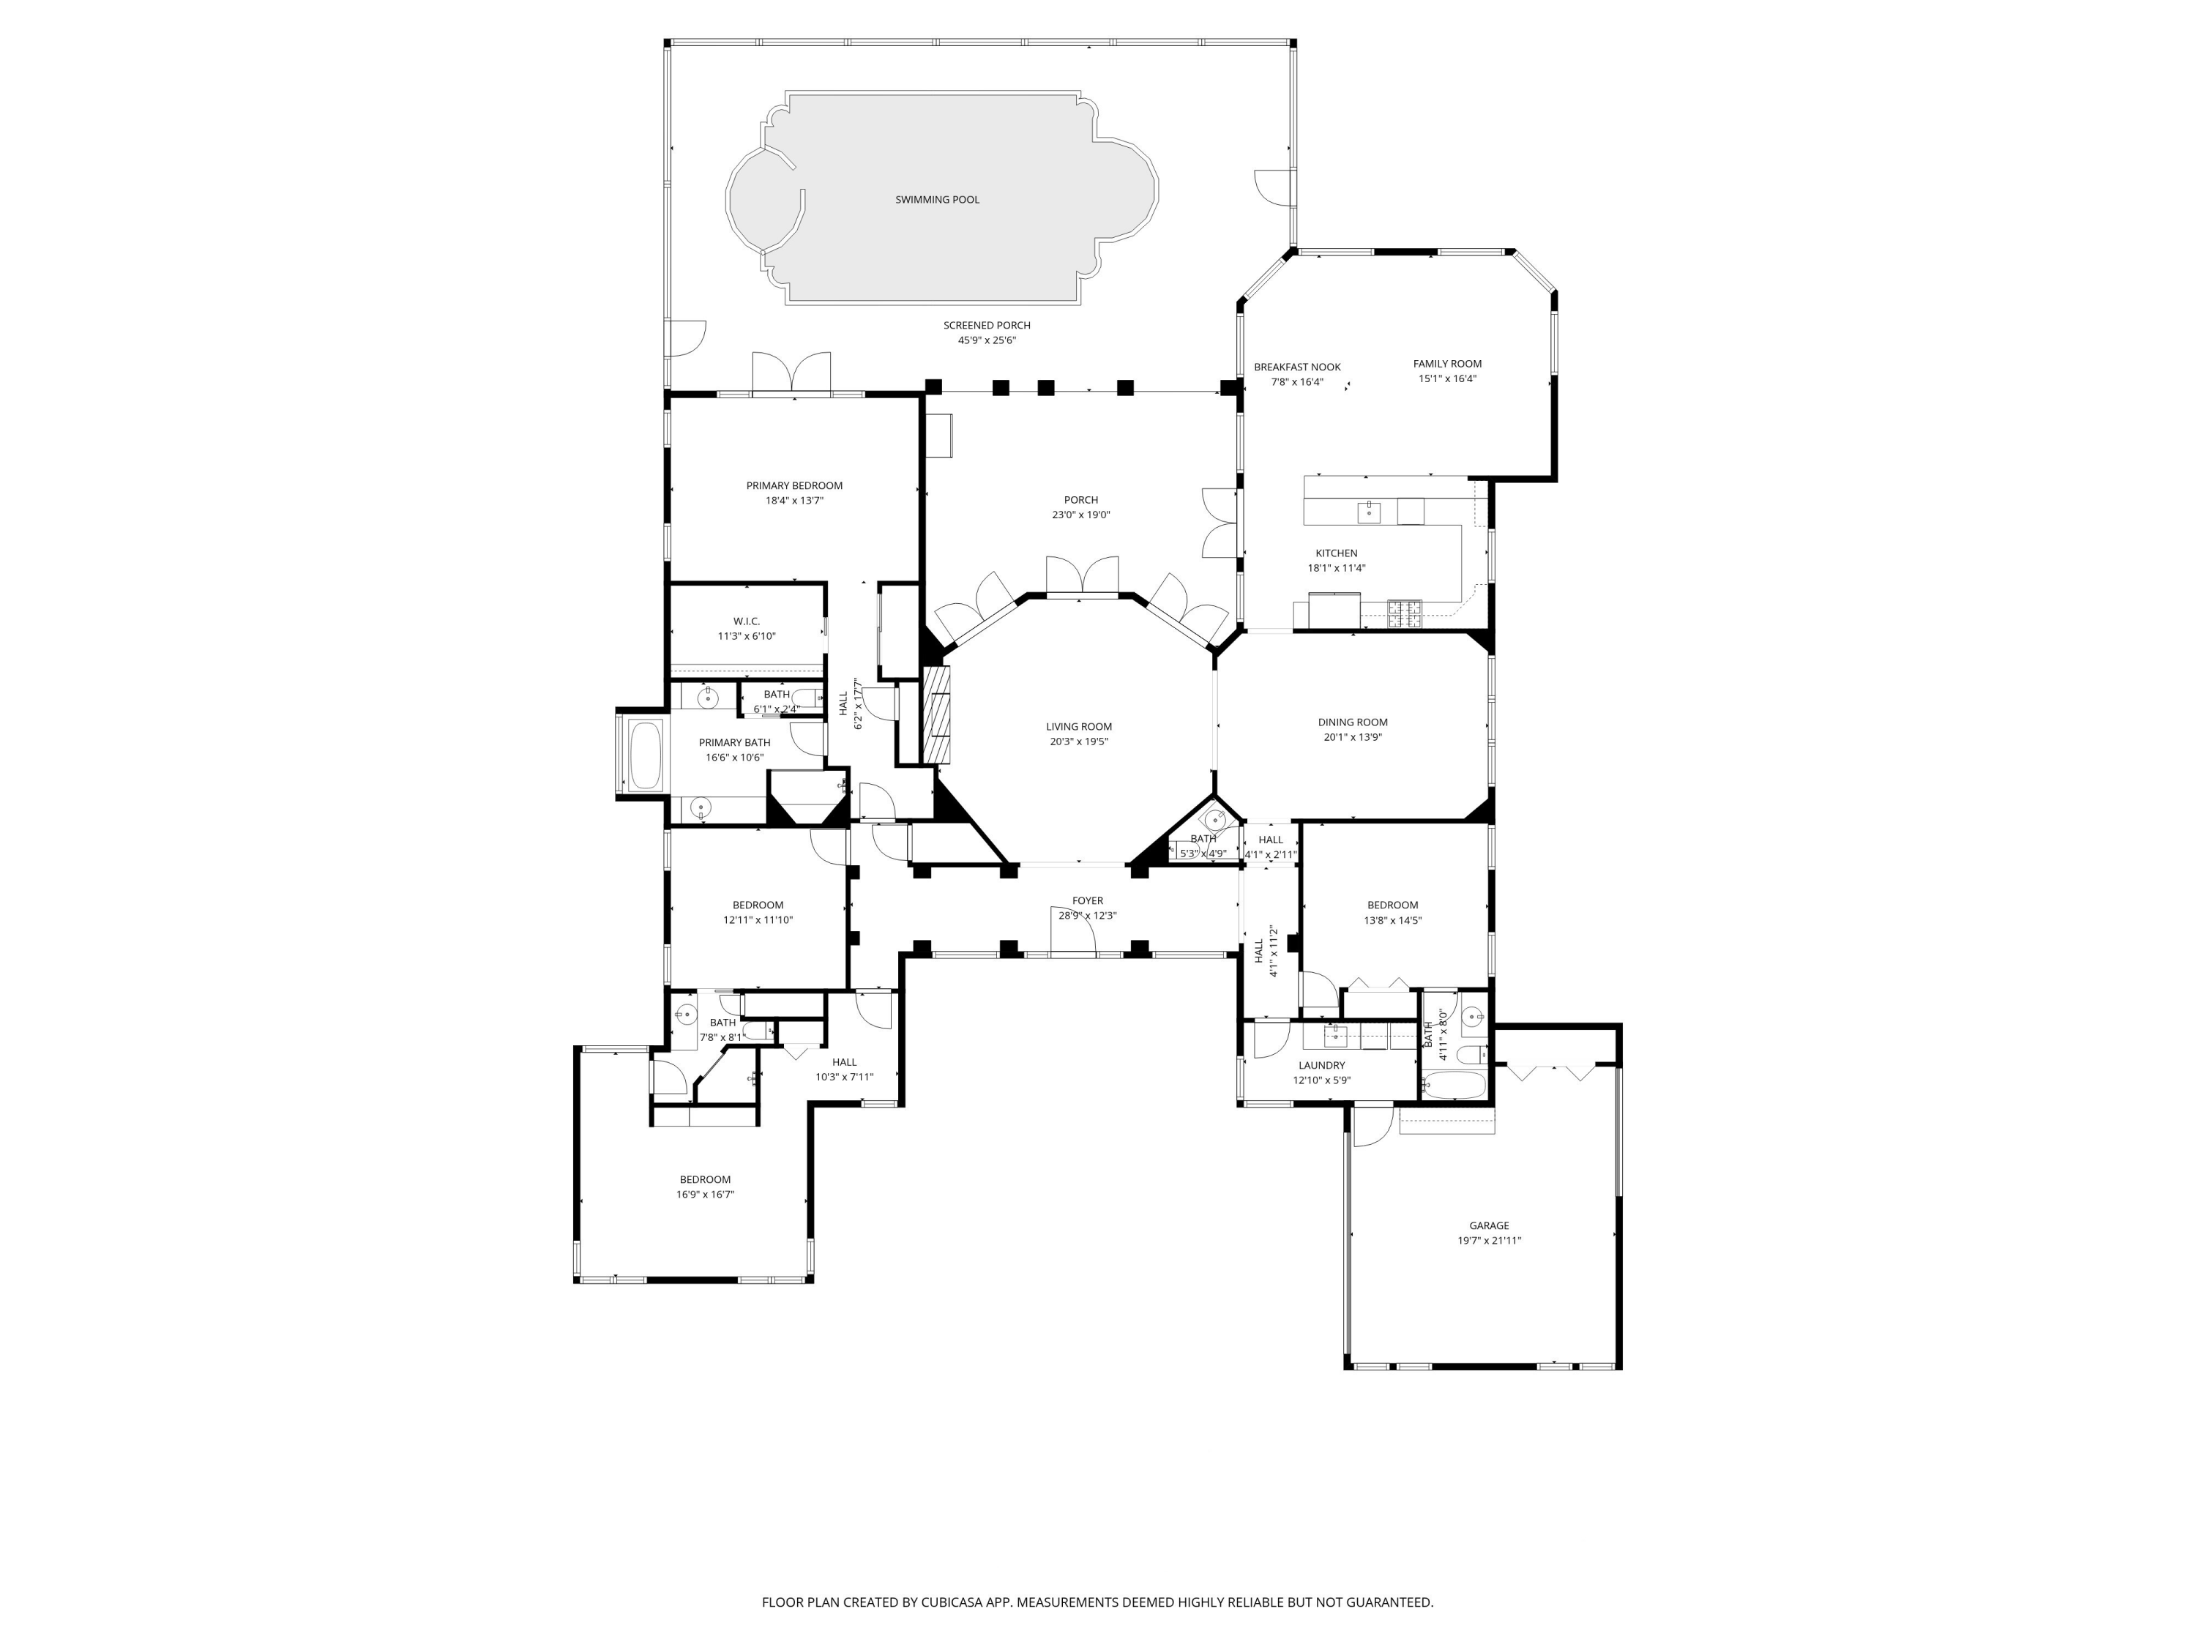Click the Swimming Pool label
click(936, 200)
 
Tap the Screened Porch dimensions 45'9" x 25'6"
click(986, 340)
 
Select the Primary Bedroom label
click(794, 485)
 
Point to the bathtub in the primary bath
click(646, 755)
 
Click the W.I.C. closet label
click(747, 621)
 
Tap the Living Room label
click(1078, 727)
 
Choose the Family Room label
click(1446, 363)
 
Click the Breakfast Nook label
click(1296, 367)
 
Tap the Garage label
click(1488, 1226)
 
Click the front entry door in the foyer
click(1072, 933)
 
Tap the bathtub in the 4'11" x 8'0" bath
click(1454, 1084)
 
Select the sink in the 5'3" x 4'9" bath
click(1216, 820)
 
